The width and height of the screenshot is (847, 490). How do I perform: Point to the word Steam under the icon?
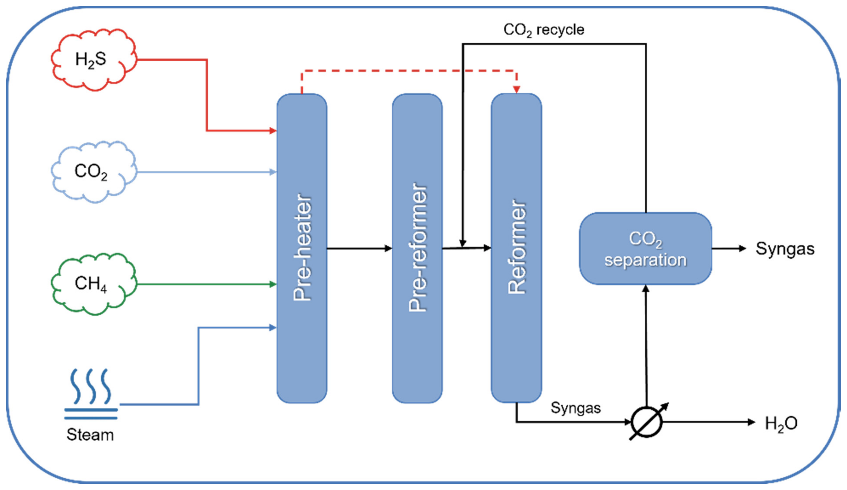[x=90, y=435]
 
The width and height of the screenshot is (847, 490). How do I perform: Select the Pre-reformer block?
[x=417, y=248]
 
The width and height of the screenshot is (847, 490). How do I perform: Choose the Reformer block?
[x=516, y=248]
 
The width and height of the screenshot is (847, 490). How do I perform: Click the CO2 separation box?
[x=645, y=249]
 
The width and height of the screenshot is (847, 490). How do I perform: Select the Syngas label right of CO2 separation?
[x=785, y=249]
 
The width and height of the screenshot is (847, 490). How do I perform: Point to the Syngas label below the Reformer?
[x=575, y=408]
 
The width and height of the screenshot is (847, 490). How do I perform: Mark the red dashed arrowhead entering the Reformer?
[x=516, y=90]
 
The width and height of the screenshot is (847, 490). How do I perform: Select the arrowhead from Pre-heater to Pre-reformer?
[x=388, y=248]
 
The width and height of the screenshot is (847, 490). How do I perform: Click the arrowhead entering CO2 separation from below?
[x=646, y=288]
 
